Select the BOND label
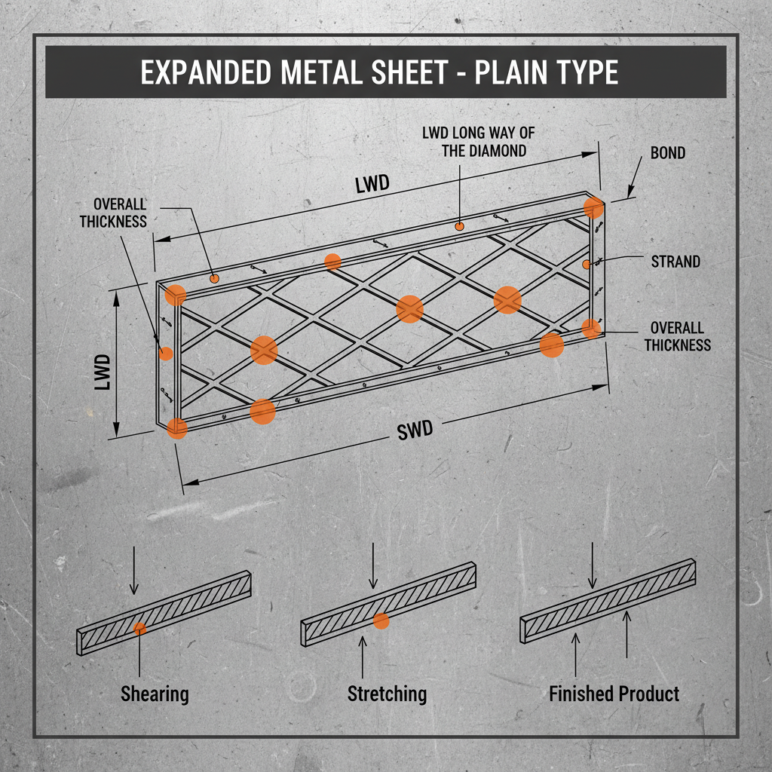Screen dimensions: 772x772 point(667,153)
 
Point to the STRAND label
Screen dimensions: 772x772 point(675,262)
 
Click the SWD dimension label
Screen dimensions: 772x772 point(415,430)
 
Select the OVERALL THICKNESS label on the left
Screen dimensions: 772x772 point(113,213)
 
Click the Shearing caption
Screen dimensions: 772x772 point(155,694)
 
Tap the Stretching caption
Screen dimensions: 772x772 point(387,694)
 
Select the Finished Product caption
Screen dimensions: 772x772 point(614,694)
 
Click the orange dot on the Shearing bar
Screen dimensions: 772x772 point(140,629)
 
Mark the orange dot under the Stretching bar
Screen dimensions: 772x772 point(381,621)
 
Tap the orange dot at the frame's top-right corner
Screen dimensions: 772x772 point(594,207)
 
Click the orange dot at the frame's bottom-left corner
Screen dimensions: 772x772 point(176,428)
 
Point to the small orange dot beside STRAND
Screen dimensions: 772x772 point(586,264)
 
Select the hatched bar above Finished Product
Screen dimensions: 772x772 point(608,600)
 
